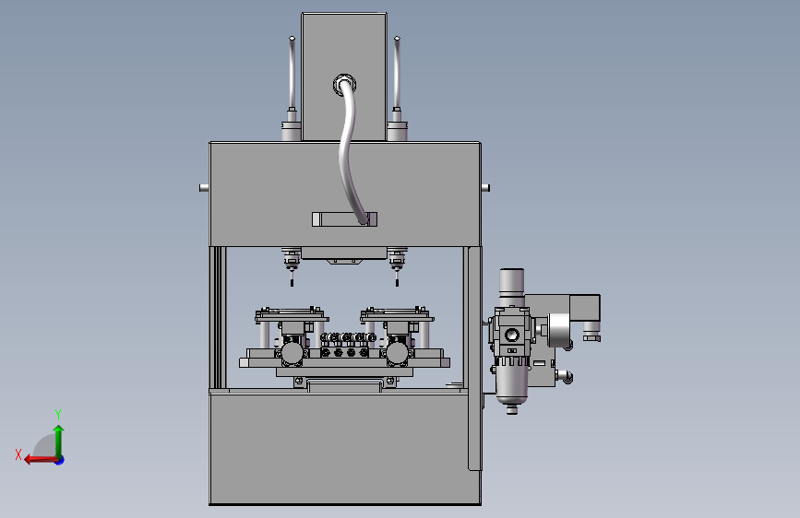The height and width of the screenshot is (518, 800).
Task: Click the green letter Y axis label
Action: click(x=58, y=414)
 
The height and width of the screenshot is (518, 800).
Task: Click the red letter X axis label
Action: click(x=18, y=454)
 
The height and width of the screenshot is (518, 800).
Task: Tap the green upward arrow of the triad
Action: click(x=59, y=441)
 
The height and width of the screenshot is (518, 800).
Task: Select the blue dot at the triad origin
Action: click(x=60, y=460)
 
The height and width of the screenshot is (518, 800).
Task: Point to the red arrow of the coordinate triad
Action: click(x=41, y=460)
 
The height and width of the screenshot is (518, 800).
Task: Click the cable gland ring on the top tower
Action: click(x=344, y=84)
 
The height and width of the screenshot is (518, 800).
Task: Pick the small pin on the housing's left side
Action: click(x=204, y=188)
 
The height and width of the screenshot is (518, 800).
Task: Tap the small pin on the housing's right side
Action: click(x=485, y=188)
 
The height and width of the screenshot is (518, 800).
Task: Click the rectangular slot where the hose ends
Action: click(x=344, y=219)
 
